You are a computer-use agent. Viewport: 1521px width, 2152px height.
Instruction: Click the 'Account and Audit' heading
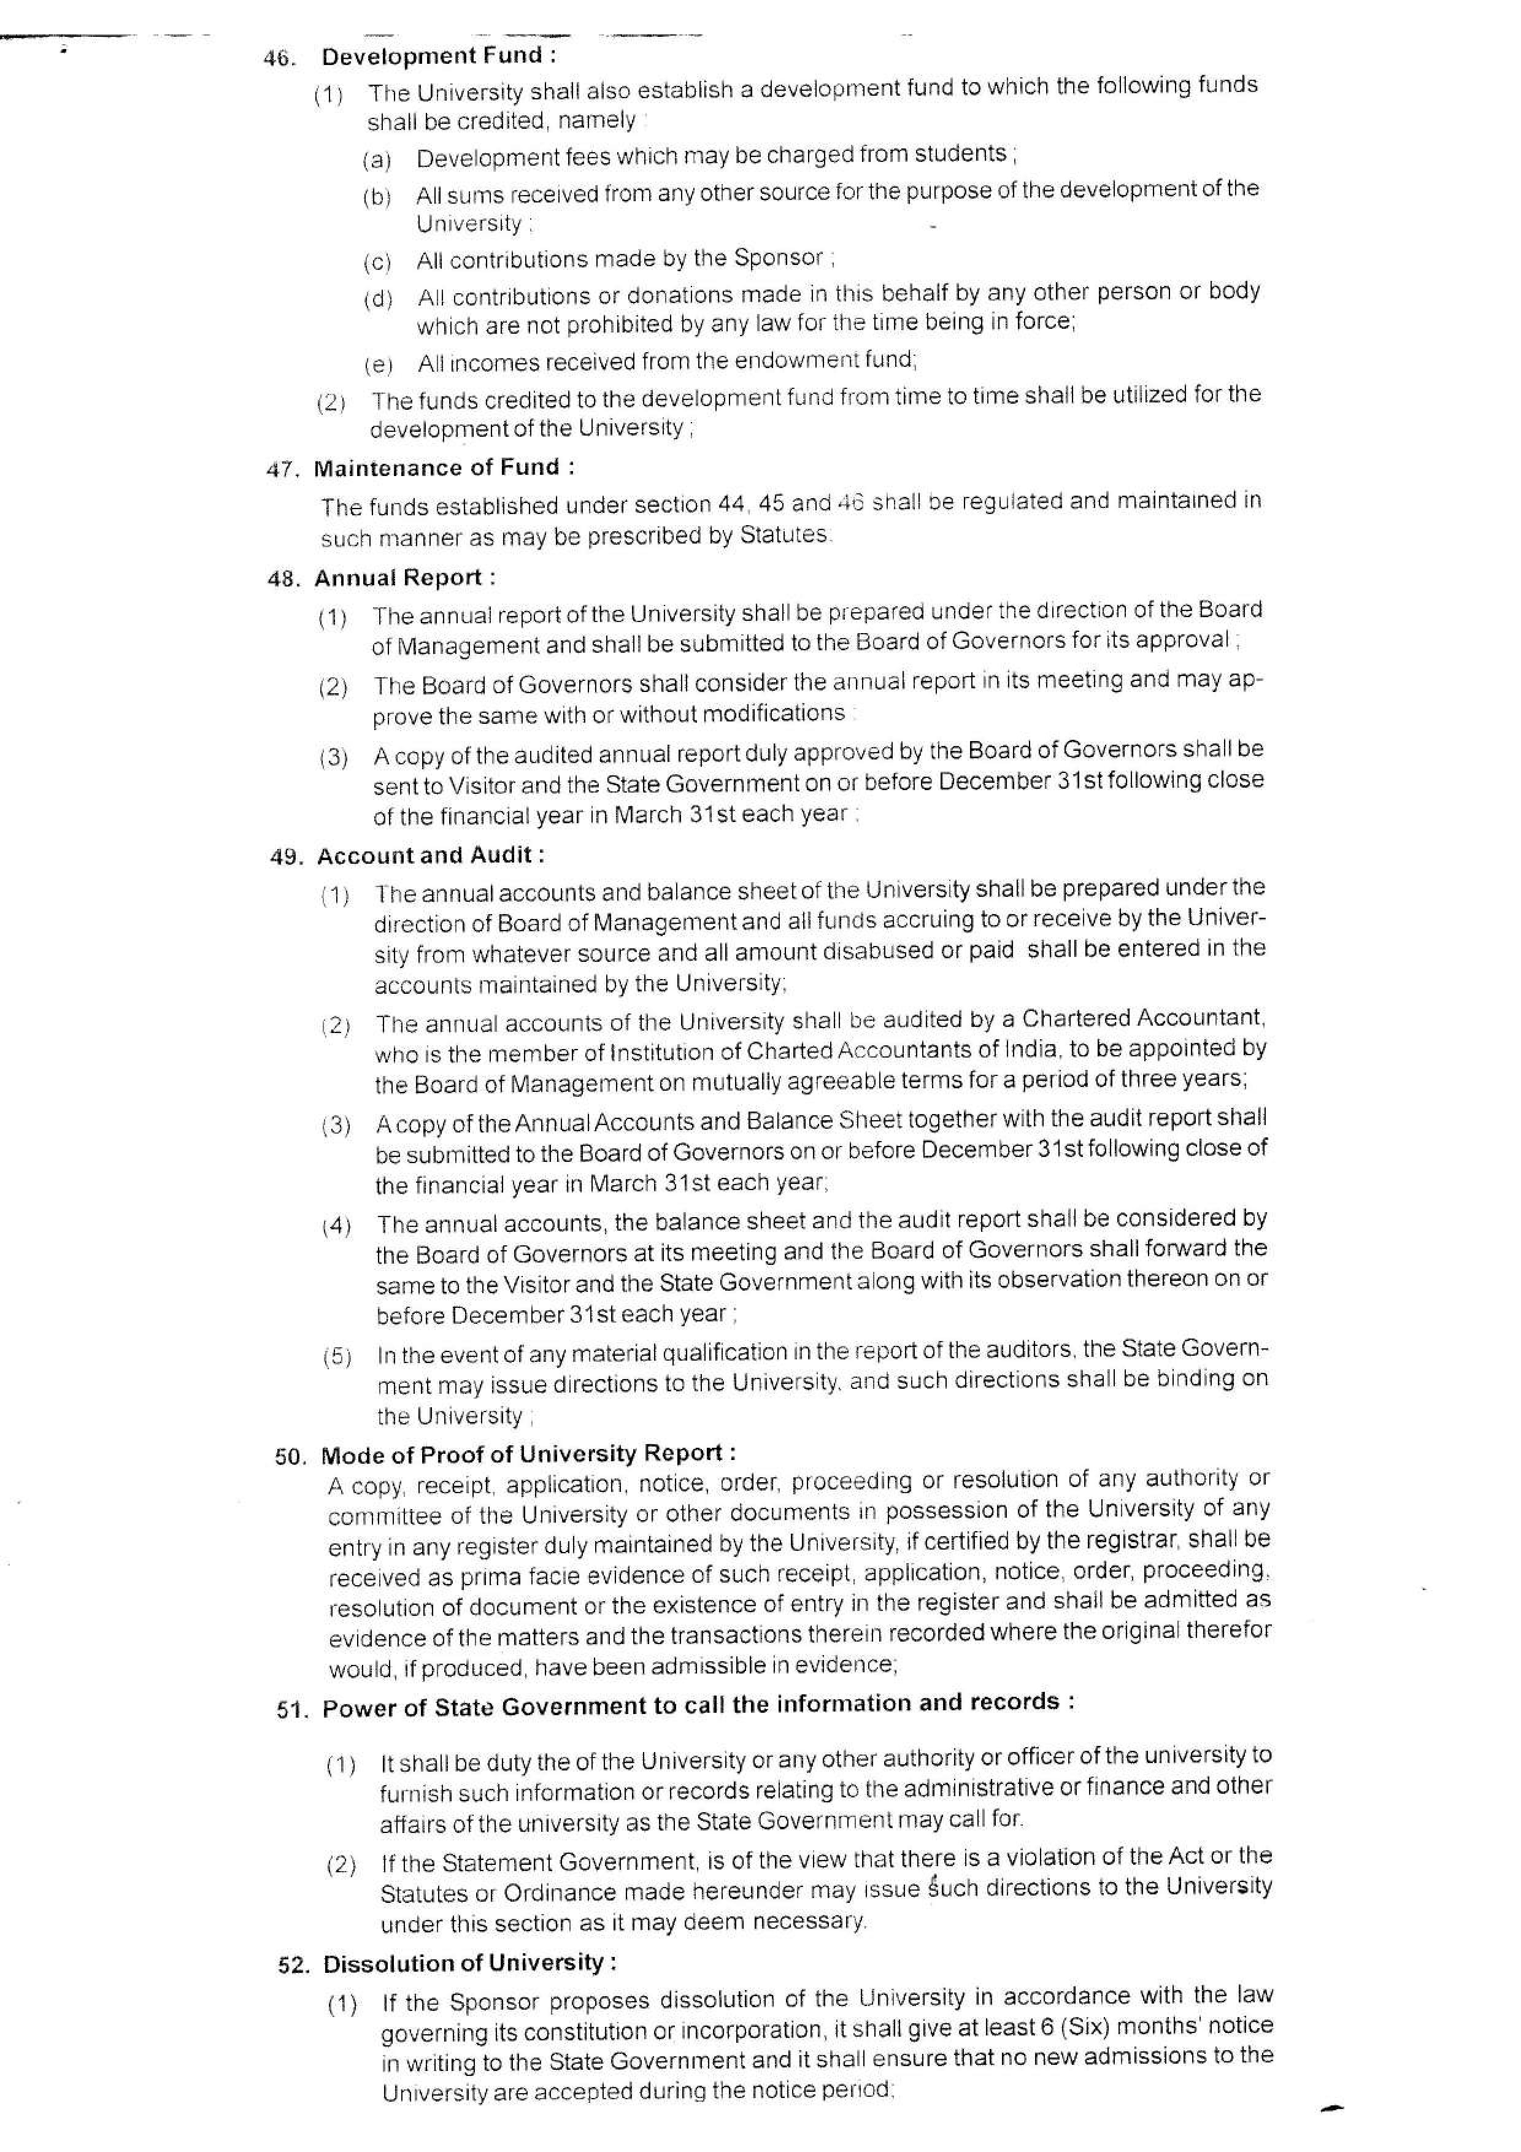pos(430,856)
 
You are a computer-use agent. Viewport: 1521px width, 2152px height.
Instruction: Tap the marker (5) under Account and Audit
pos(336,1356)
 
